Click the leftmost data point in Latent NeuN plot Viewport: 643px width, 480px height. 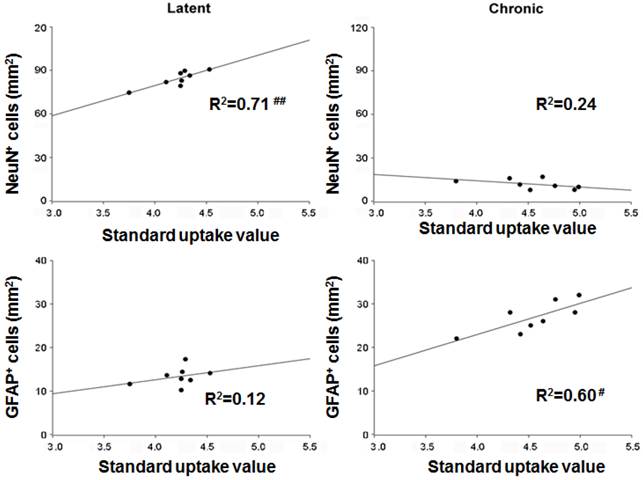click(129, 93)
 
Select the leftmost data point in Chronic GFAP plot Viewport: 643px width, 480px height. click(457, 338)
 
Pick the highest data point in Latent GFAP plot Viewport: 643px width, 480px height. click(185, 359)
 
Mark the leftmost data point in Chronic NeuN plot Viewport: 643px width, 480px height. click(456, 181)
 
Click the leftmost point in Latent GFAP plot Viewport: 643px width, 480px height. click(130, 384)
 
